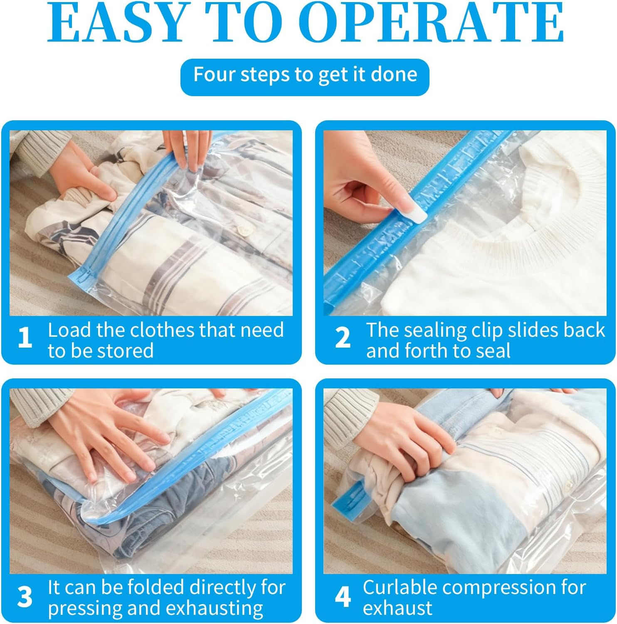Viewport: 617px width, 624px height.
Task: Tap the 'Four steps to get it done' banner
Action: (x=305, y=75)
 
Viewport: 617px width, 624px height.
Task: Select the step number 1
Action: (x=25, y=338)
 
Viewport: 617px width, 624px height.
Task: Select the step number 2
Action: (x=343, y=338)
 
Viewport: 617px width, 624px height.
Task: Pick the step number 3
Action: (x=25, y=597)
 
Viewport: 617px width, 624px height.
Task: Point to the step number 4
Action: (x=343, y=597)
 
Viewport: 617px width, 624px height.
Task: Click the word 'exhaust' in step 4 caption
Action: (x=397, y=608)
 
